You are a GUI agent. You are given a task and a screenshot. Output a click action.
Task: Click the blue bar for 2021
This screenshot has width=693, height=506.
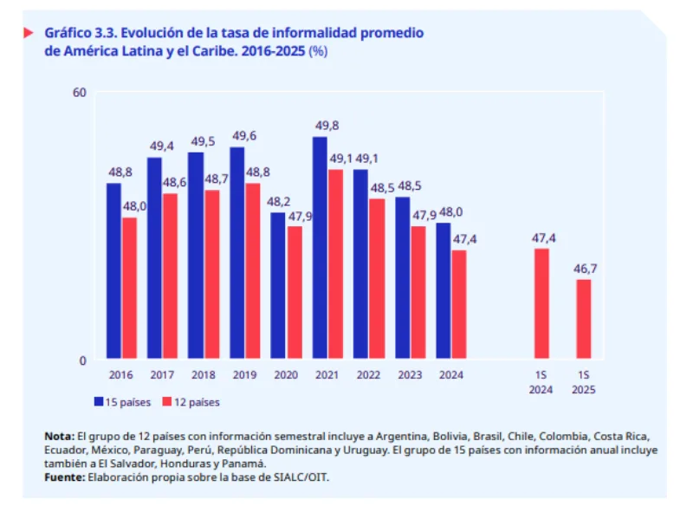click(x=320, y=248)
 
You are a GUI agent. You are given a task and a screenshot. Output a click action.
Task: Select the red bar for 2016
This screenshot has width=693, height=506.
click(x=129, y=288)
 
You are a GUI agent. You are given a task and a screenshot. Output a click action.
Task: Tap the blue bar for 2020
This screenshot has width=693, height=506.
click(x=278, y=285)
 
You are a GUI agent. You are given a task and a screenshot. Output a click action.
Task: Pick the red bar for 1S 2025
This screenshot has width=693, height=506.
click(x=584, y=318)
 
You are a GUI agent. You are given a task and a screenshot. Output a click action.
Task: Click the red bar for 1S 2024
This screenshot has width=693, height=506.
click(x=541, y=303)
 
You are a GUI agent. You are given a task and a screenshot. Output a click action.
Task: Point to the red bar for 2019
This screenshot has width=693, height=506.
click(x=253, y=270)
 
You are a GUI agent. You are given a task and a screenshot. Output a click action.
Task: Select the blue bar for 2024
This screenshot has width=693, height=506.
click(x=443, y=290)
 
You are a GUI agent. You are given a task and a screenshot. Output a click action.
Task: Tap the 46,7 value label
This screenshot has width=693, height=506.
click(x=585, y=268)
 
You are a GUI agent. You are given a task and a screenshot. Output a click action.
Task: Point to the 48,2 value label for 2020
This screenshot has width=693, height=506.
click(x=278, y=201)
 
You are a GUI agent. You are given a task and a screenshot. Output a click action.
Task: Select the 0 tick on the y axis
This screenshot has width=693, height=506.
click(x=82, y=360)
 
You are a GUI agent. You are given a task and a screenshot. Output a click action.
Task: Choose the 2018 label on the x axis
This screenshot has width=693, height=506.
click(x=204, y=375)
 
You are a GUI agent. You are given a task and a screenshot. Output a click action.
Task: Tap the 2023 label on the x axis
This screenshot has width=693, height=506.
click(x=410, y=375)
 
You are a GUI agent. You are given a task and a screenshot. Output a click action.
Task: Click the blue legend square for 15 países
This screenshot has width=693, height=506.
click(x=100, y=401)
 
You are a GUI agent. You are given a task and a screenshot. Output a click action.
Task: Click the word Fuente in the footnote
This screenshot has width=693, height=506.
click(x=63, y=477)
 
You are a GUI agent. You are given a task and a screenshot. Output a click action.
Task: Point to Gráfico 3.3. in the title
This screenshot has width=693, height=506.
click(x=81, y=33)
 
